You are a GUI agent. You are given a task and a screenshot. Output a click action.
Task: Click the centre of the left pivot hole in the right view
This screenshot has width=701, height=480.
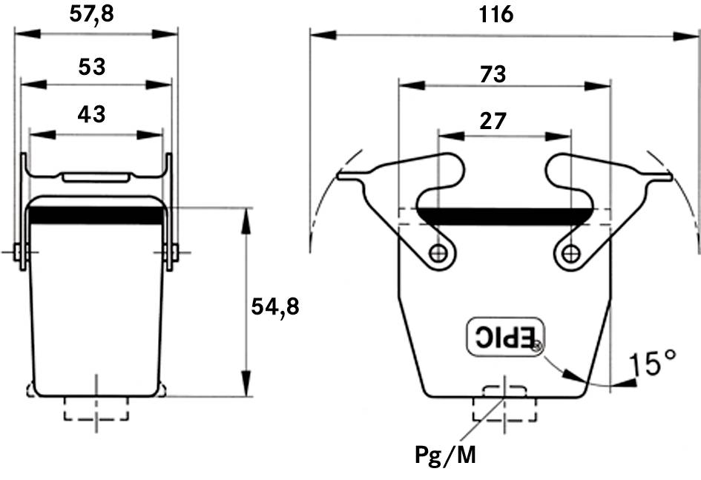click(438, 254)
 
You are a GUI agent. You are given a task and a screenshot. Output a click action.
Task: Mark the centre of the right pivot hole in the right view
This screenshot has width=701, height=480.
click(570, 254)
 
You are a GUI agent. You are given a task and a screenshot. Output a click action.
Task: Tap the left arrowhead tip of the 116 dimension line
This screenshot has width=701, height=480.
click(310, 36)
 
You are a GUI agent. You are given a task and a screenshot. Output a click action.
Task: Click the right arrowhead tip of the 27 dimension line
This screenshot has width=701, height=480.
click(571, 136)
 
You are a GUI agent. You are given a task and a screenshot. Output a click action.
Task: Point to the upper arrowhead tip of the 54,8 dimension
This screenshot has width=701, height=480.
click(246, 208)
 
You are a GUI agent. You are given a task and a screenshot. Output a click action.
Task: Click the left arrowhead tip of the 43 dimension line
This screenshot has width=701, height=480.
click(30, 134)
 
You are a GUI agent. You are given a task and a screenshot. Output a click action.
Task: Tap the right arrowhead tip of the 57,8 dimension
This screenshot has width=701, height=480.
click(178, 33)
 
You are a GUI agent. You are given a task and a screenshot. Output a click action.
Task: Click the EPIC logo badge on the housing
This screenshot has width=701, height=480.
click(506, 337)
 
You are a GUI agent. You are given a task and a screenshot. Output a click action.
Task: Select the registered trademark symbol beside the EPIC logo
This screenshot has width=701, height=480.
click(537, 346)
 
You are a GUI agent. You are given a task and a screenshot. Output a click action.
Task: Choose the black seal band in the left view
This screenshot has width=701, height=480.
click(96, 215)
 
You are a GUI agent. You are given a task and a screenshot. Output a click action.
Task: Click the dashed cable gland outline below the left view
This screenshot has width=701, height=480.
click(96, 408)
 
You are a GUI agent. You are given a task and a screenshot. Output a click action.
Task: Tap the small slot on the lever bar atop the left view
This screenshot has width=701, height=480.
click(96, 177)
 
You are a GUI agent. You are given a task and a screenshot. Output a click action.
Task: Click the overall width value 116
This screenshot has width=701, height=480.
click(496, 14)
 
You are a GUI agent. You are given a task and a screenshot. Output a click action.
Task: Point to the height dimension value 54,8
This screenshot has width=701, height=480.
click(275, 307)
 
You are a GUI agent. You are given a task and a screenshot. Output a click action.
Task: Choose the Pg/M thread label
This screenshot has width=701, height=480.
click(446, 456)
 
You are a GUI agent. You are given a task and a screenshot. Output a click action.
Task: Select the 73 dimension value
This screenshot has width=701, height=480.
click(493, 74)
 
